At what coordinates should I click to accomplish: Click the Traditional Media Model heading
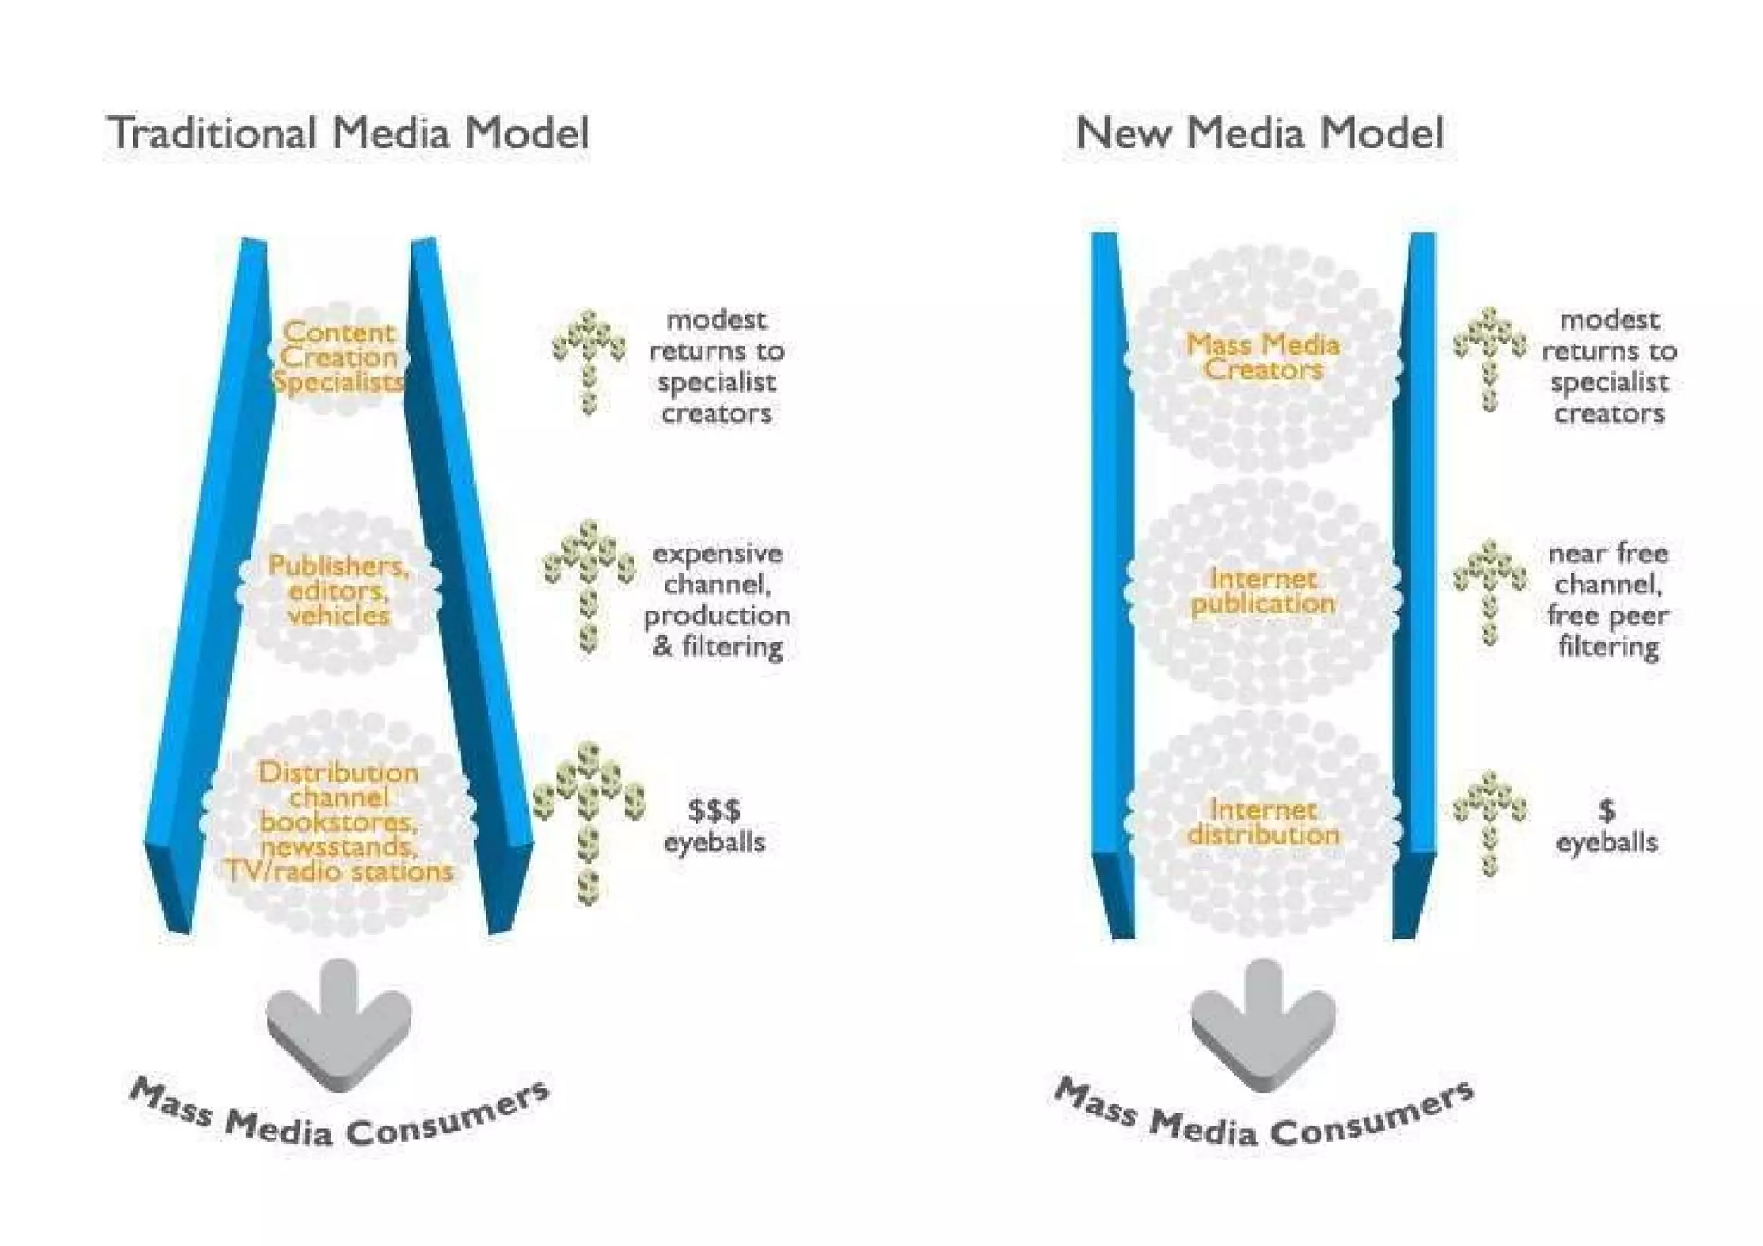(x=348, y=133)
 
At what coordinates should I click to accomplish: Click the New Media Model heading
(x=1259, y=133)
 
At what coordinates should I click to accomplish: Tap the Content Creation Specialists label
(x=339, y=357)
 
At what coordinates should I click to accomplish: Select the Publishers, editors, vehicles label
(x=338, y=591)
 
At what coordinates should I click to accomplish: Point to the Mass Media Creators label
(x=1263, y=357)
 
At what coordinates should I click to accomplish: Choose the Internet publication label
(x=1263, y=591)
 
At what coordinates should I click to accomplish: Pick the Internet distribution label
(x=1263, y=822)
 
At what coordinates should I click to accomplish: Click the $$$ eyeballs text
(x=714, y=826)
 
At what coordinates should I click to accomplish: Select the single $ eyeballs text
(x=1606, y=826)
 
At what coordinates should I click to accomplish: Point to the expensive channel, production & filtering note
(x=717, y=600)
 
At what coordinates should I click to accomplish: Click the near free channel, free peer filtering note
(x=1608, y=600)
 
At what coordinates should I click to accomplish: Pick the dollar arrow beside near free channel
(x=1490, y=591)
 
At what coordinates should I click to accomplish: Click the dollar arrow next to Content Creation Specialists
(x=589, y=360)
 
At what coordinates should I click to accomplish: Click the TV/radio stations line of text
(x=339, y=871)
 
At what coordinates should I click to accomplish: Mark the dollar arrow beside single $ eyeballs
(x=1490, y=822)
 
